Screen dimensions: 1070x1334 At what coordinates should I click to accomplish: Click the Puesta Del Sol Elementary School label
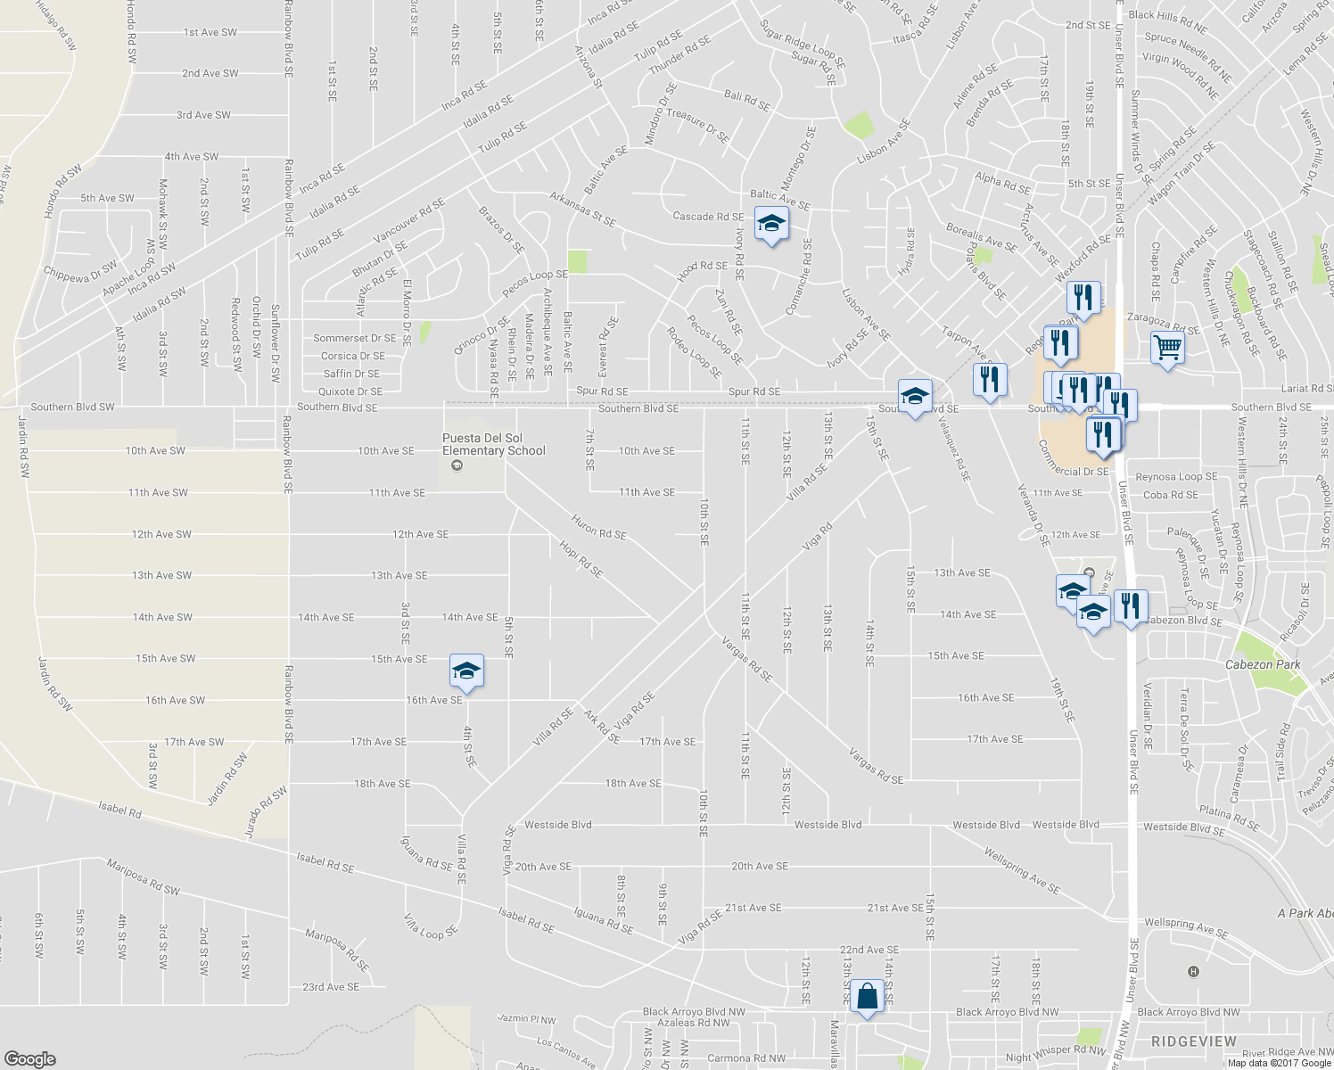tap(494, 444)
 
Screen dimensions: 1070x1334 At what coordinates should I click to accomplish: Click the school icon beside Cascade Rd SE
tap(771, 223)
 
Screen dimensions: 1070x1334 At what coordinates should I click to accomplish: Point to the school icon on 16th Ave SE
tap(466, 671)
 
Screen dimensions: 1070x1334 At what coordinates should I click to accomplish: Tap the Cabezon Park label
tap(1263, 665)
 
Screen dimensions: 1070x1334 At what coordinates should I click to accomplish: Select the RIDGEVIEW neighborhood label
tap(1194, 1041)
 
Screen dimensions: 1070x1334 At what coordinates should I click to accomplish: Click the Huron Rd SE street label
tap(598, 528)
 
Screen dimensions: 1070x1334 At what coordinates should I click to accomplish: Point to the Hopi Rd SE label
tap(581, 558)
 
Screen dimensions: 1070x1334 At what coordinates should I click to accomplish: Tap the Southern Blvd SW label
tap(72, 407)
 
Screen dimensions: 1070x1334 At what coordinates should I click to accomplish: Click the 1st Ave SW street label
tap(210, 32)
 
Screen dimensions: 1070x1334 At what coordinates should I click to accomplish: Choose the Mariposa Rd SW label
tap(143, 877)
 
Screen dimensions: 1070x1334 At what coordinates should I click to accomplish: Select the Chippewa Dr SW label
tap(80, 273)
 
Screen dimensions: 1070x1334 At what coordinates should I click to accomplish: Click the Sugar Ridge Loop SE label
tap(802, 45)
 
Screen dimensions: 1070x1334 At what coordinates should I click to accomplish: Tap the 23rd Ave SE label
tap(331, 987)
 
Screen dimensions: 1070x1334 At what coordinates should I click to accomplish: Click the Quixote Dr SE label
tap(350, 391)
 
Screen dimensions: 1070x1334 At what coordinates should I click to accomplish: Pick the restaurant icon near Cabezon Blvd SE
tap(1130, 606)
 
